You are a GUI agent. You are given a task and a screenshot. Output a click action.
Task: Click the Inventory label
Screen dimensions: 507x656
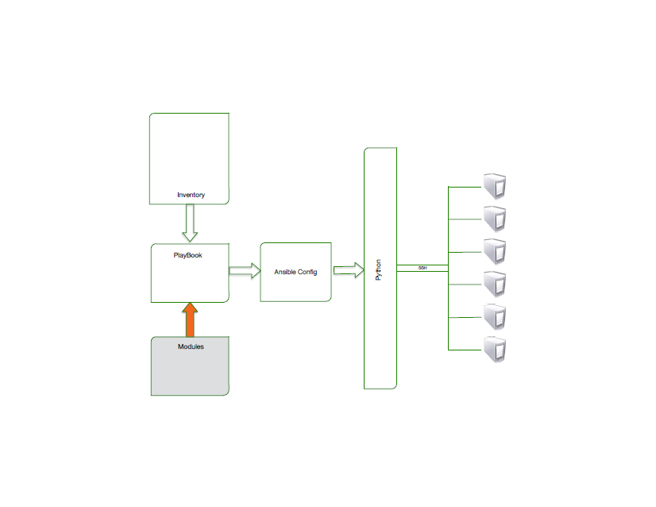tap(191, 195)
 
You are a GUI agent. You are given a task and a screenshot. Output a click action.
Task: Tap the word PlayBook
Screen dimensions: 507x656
tap(188, 255)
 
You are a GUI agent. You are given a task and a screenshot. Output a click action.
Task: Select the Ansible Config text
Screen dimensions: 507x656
tap(295, 272)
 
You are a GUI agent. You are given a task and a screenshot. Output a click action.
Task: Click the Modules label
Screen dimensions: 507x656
tap(191, 346)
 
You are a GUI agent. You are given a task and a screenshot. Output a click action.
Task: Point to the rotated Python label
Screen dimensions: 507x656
tap(379, 269)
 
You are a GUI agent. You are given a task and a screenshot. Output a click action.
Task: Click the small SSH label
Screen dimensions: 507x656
tap(423, 269)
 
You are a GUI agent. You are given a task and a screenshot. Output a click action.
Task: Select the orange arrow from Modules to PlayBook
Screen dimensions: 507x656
tap(190, 319)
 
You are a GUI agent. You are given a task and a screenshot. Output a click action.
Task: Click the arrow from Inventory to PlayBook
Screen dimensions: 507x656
tap(190, 223)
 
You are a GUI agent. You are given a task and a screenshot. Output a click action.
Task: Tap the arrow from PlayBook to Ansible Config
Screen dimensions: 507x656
tap(245, 271)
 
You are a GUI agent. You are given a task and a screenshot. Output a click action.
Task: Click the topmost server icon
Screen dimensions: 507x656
tap(496, 187)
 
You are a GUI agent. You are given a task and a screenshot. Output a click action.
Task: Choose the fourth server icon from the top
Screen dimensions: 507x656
tap(496, 284)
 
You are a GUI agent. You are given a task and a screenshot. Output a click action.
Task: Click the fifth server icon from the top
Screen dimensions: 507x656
tap(496, 317)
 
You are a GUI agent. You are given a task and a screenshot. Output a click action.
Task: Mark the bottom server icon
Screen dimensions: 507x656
tap(496, 350)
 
